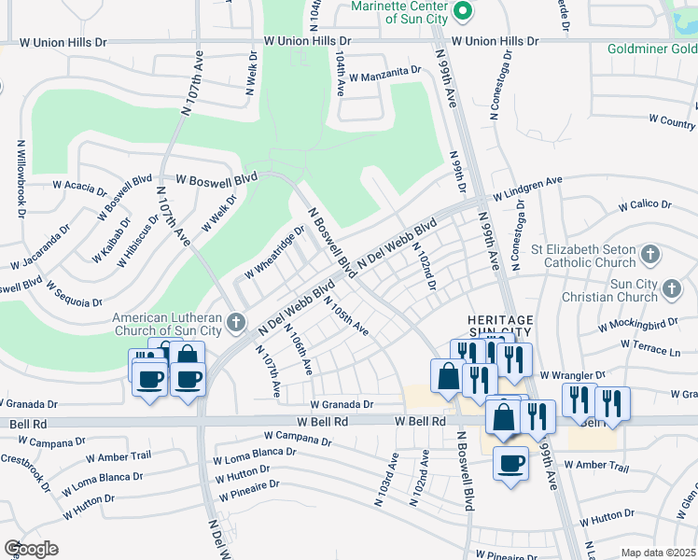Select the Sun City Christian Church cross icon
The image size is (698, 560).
pyautogui.click(x=670, y=290)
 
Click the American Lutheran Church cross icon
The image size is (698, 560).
pyautogui.click(x=237, y=323)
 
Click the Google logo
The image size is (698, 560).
pyautogui.click(x=30, y=548)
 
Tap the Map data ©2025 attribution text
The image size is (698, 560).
pyautogui.click(x=657, y=553)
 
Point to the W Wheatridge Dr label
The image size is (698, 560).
pyautogui.click(x=275, y=252)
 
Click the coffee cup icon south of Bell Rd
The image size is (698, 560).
pyautogui.click(x=510, y=463)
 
